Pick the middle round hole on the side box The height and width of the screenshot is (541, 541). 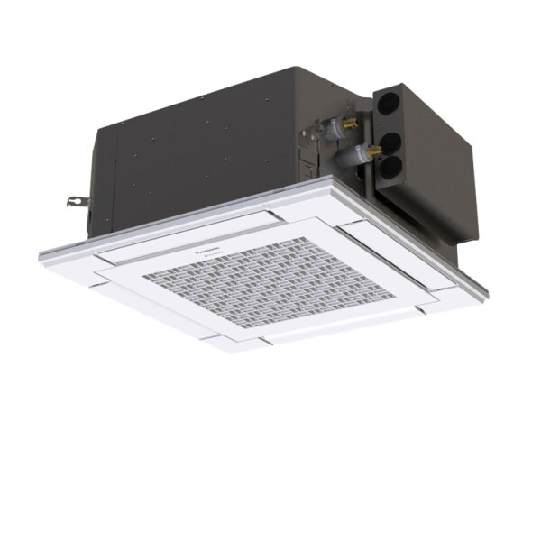(392, 141)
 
